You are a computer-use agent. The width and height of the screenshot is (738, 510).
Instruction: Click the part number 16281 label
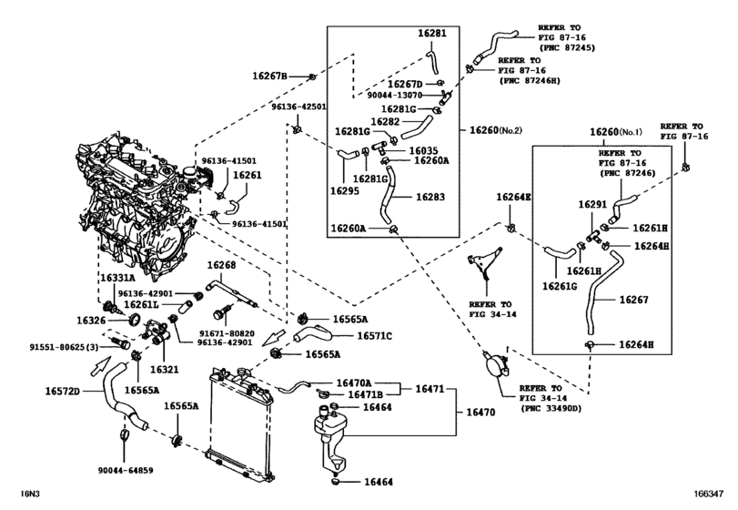pyautogui.click(x=432, y=34)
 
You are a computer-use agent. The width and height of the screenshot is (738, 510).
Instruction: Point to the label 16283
pyautogui.click(x=431, y=196)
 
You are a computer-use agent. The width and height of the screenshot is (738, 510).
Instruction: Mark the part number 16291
pyautogui.click(x=592, y=205)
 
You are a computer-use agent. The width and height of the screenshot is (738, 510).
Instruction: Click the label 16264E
pyautogui.click(x=513, y=197)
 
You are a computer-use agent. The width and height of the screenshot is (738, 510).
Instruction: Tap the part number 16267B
pyautogui.click(x=271, y=75)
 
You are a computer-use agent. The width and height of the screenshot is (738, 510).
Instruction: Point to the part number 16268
pyautogui.click(x=222, y=265)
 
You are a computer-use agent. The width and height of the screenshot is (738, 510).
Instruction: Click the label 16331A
pyautogui.click(x=117, y=277)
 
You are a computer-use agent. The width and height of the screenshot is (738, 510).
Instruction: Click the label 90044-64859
pyautogui.click(x=124, y=471)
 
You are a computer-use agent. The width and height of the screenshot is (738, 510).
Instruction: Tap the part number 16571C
pyautogui.click(x=373, y=335)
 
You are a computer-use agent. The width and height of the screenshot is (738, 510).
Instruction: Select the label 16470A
pyautogui.click(x=358, y=383)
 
